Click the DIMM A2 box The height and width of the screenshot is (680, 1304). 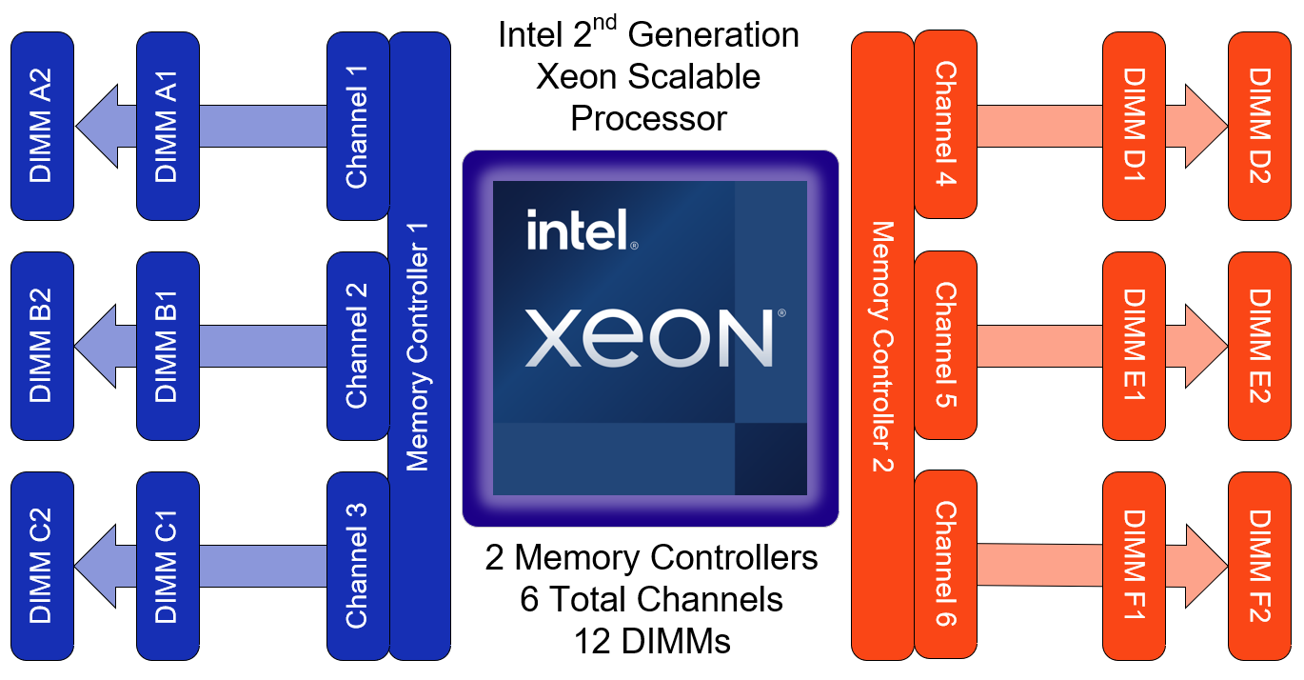click(42, 126)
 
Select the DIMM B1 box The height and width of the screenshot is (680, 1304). click(168, 346)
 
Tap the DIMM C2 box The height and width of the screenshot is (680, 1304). click(42, 566)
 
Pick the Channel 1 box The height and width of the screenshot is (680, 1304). click(357, 126)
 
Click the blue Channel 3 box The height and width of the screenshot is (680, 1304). click(357, 566)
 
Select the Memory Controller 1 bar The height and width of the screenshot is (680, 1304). click(419, 346)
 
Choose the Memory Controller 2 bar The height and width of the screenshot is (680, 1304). click(882, 346)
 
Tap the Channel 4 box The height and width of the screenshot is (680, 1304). click(945, 124)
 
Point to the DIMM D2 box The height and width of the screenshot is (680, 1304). click(1259, 124)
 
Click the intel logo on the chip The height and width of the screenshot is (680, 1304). click(580, 230)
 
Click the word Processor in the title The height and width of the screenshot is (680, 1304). click(648, 118)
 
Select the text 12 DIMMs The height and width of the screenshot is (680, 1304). click(652, 641)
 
